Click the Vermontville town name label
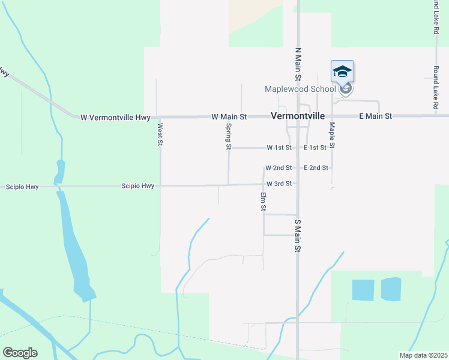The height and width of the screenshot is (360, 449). [x=298, y=116]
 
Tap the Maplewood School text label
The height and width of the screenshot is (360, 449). [x=301, y=89]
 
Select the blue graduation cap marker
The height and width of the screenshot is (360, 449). [x=342, y=72]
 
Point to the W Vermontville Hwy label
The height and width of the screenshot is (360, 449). [x=115, y=118]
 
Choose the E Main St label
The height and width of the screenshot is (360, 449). [x=375, y=116]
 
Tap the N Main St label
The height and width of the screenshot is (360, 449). [x=297, y=64]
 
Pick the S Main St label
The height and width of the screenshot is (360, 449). [x=297, y=236]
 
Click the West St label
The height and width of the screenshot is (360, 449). [x=160, y=135]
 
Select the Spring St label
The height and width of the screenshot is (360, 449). [x=229, y=136]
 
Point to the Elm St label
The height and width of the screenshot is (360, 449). [x=263, y=202]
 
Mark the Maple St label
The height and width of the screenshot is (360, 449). [x=331, y=136]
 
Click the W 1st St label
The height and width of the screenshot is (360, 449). [x=279, y=148]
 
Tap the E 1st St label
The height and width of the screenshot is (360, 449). [x=315, y=148]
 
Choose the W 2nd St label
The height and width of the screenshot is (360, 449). [x=279, y=168]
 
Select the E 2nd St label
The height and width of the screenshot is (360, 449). [x=316, y=168]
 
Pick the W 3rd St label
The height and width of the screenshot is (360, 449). [x=279, y=184]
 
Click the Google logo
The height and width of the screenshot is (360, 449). [x=20, y=353]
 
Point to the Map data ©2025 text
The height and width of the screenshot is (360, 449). [x=423, y=355]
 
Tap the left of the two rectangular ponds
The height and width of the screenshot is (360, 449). [x=362, y=290]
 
